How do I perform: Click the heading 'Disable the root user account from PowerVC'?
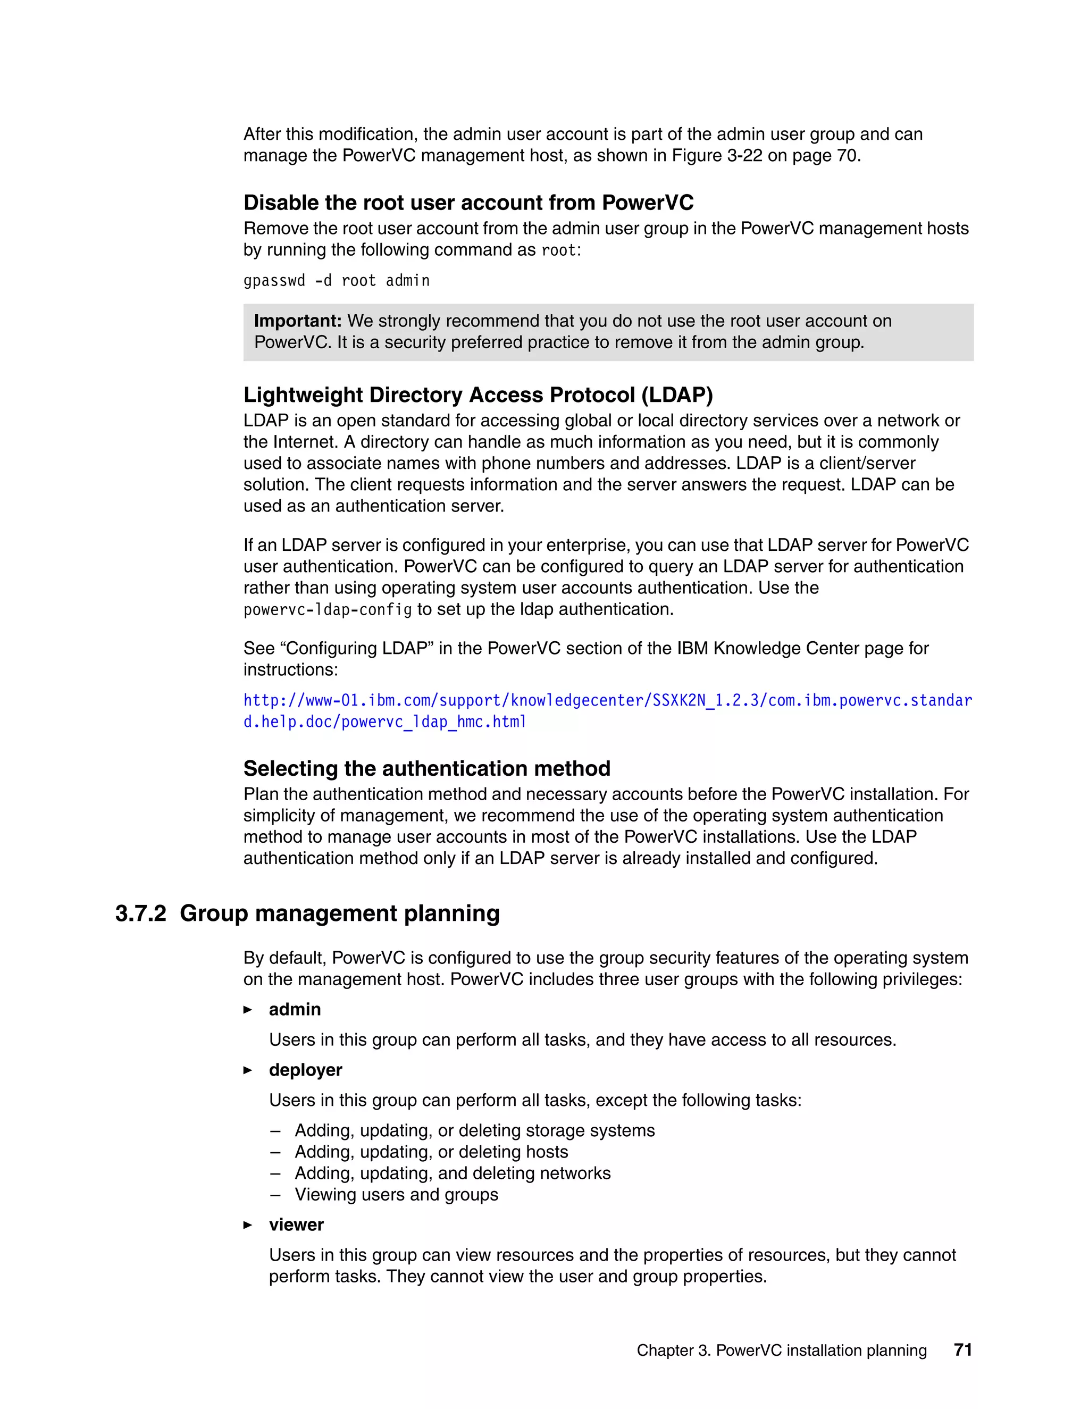[468, 203]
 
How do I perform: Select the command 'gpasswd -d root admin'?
[336, 281]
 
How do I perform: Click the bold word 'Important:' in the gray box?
[297, 321]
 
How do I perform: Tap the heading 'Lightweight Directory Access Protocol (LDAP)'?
[478, 395]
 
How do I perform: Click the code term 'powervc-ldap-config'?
[328, 610]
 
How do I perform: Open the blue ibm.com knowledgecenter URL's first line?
[607, 701]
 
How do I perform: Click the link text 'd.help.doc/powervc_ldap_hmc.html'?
[384, 722]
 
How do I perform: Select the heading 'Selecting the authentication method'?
[426, 768]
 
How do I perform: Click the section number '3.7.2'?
[140, 913]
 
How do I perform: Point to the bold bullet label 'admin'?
[295, 1010]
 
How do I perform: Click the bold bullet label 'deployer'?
[305, 1070]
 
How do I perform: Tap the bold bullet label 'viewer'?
[296, 1225]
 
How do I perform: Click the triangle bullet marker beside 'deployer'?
[248, 1070]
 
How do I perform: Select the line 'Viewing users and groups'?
[396, 1194]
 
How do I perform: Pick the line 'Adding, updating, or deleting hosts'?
[431, 1152]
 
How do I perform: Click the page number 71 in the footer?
[962, 1349]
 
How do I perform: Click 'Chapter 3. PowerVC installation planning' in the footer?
[781, 1351]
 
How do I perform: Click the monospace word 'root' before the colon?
[558, 250]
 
